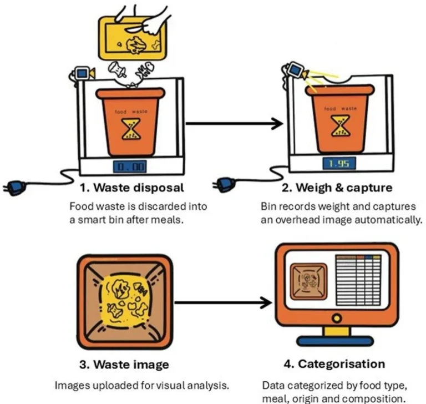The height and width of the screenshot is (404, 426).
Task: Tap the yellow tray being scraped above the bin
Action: pyautogui.click(x=133, y=36)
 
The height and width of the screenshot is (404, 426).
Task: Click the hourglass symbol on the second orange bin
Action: pyautogui.click(x=338, y=126)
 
